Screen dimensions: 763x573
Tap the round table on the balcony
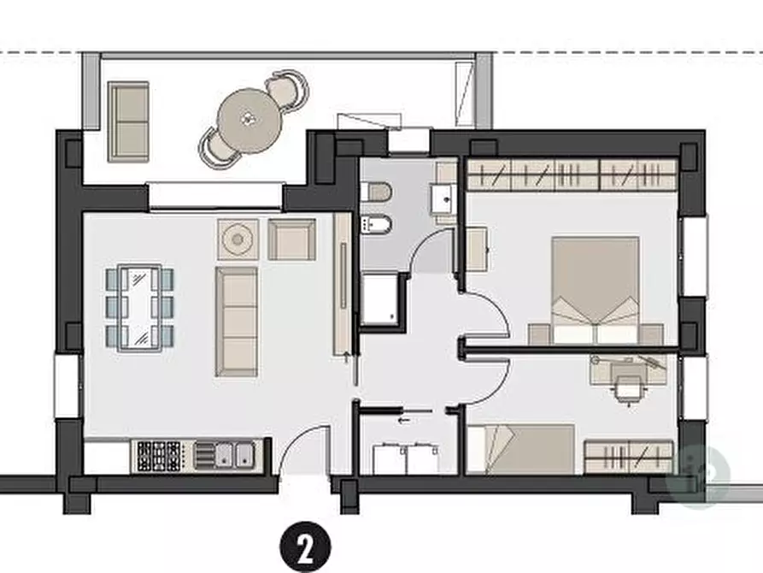[x=249, y=120]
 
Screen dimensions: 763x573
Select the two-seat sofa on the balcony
[x=128, y=121]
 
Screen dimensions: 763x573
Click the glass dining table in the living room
[x=140, y=307]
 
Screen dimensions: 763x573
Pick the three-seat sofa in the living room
[x=237, y=322]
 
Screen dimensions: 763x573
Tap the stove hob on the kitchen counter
[x=159, y=456]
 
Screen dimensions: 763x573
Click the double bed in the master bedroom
[x=596, y=290]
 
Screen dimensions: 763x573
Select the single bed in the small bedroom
[x=520, y=449]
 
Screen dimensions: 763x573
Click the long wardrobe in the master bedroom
[x=572, y=174]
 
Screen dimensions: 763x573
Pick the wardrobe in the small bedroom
[x=629, y=457]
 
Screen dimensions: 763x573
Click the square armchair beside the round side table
[x=291, y=239]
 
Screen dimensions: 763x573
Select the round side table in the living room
[x=238, y=239]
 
